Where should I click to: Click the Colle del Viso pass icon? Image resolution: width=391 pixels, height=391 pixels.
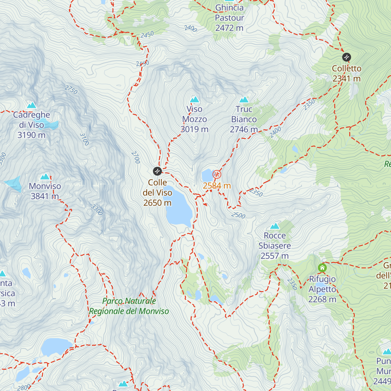(x=157, y=171)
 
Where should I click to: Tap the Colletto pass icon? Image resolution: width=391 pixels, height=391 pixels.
(x=346, y=57)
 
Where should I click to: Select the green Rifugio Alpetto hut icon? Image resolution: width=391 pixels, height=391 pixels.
(x=322, y=268)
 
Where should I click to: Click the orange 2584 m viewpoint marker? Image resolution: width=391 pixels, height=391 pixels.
(x=217, y=175)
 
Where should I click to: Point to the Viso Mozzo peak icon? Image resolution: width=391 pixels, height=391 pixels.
(x=195, y=99)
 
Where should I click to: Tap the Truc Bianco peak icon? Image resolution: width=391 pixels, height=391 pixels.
(x=244, y=99)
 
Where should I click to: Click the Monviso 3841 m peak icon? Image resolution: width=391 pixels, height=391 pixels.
(x=45, y=177)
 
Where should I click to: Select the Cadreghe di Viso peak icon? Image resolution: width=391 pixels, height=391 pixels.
(x=32, y=105)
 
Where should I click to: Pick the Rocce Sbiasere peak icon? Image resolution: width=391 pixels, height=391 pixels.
(x=275, y=226)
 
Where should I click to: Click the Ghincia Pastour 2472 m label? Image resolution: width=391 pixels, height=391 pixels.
(x=229, y=18)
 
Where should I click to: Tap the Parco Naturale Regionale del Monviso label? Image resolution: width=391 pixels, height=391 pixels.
(x=129, y=306)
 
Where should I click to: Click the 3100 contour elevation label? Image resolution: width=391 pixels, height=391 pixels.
(x=84, y=139)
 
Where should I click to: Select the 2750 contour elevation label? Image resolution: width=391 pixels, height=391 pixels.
(x=71, y=90)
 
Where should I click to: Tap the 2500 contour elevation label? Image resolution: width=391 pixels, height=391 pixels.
(x=238, y=215)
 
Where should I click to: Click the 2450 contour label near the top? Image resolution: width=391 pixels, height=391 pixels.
(x=147, y=35)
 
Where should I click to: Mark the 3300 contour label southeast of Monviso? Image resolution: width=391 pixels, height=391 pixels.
(x=97, y=210)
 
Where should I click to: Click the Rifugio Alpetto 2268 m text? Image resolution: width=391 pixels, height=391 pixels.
(x=322, y=289)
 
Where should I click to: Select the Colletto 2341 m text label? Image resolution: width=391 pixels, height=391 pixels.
(x=346, y=73)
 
